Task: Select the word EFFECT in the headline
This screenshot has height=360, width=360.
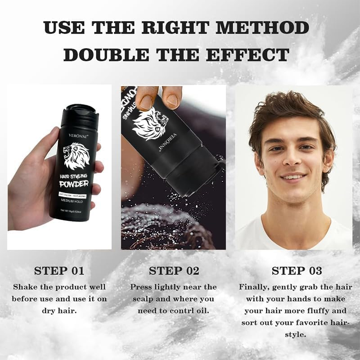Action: (248, 54)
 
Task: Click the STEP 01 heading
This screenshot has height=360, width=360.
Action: (59, 271)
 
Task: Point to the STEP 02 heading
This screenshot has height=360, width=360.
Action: (174, 271)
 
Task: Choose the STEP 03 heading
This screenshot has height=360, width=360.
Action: (297, 271)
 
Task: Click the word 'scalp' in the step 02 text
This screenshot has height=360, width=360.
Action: (142, 299)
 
